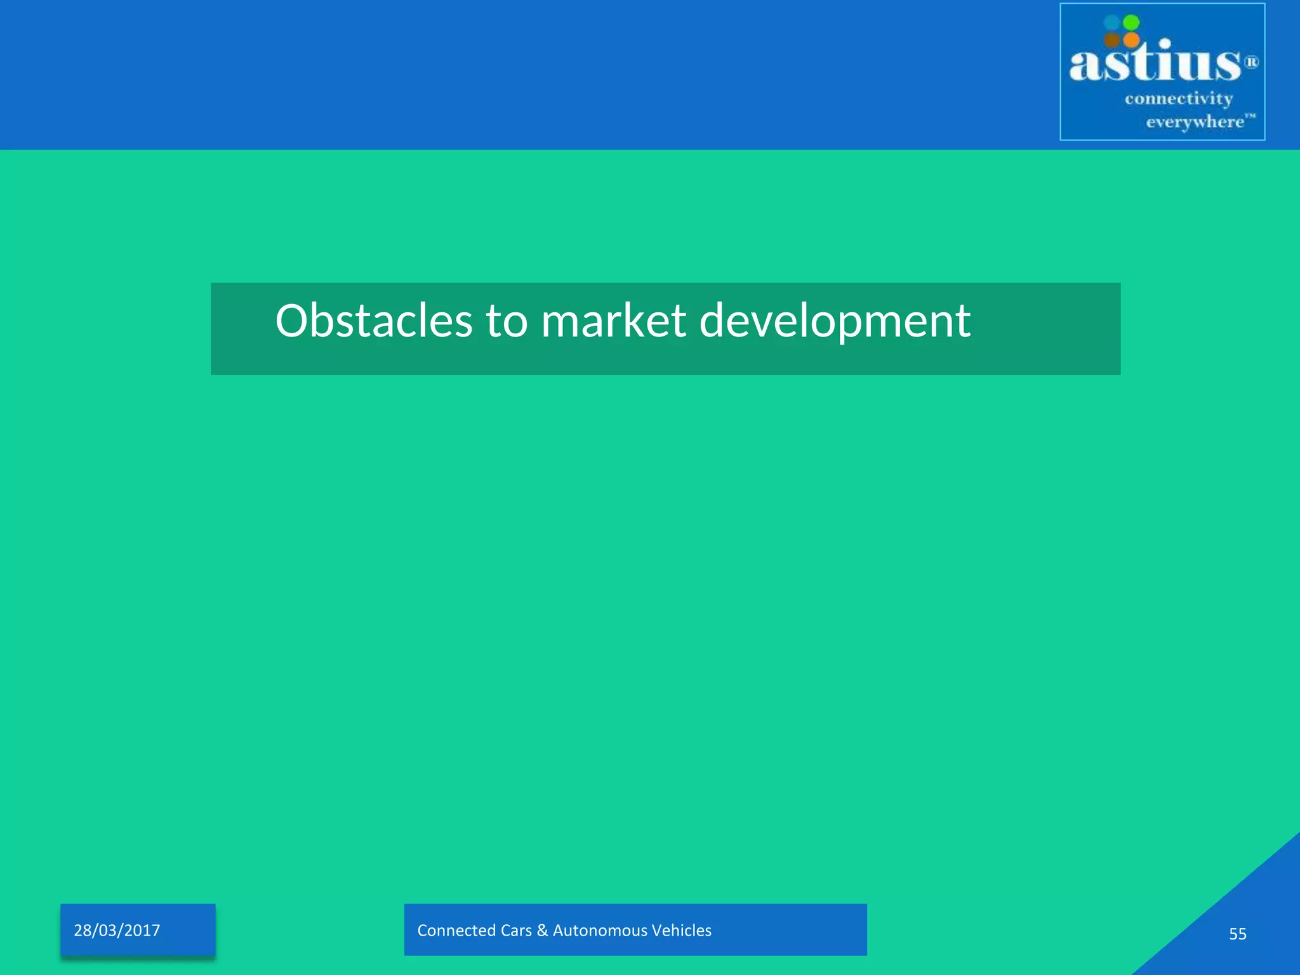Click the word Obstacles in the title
[373, 321]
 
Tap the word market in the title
[613, 321]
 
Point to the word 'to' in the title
[507, 321]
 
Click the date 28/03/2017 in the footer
[117, 931]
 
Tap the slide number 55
[1237, 934]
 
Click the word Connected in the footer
[456, 931]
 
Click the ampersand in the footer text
[541, 931]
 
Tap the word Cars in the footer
[516, 931]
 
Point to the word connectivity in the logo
[1179, 99]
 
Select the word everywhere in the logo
[1195, 121]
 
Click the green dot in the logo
[1131, 23]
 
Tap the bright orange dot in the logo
[1131, 41]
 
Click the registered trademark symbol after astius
[1250, 62]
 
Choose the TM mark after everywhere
[1250, 116]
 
